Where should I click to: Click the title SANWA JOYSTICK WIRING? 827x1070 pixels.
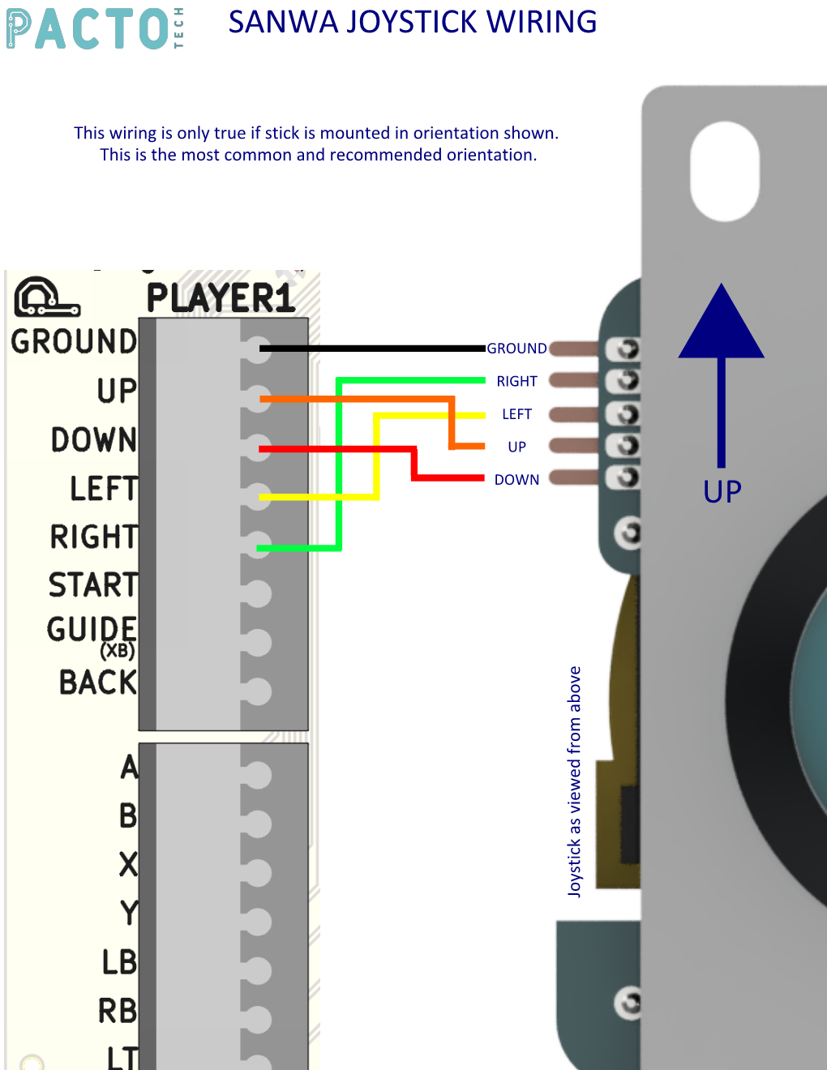(x=412, y=22)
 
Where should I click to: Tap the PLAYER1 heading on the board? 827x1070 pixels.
(x=220, y=298)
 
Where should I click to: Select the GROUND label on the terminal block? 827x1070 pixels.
(x=74, y=341)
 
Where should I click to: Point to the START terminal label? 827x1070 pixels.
(x=92, y=584)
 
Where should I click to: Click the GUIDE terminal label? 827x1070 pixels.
(x=92, y=629)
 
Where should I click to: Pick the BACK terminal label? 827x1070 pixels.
(x=98, y=683)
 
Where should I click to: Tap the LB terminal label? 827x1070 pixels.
(x=118, y=962)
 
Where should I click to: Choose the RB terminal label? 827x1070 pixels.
(x=118, y=1011)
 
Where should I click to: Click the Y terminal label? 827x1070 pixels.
(x=128, y=913)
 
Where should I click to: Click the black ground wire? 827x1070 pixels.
(x=373, y=349)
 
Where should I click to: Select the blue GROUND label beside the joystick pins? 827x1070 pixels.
(x=516, y=349)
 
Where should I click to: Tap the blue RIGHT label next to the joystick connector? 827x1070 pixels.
(x=516, y=381)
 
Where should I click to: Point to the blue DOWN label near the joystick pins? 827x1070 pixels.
(x=516, y=480)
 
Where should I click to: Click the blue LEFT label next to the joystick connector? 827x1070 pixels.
(x=516, y=414)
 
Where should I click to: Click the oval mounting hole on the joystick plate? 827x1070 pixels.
(x=724, y=172)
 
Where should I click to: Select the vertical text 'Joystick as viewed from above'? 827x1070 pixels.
(x=574, y=781)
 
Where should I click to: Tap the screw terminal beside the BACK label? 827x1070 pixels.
(x=256, y=691)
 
